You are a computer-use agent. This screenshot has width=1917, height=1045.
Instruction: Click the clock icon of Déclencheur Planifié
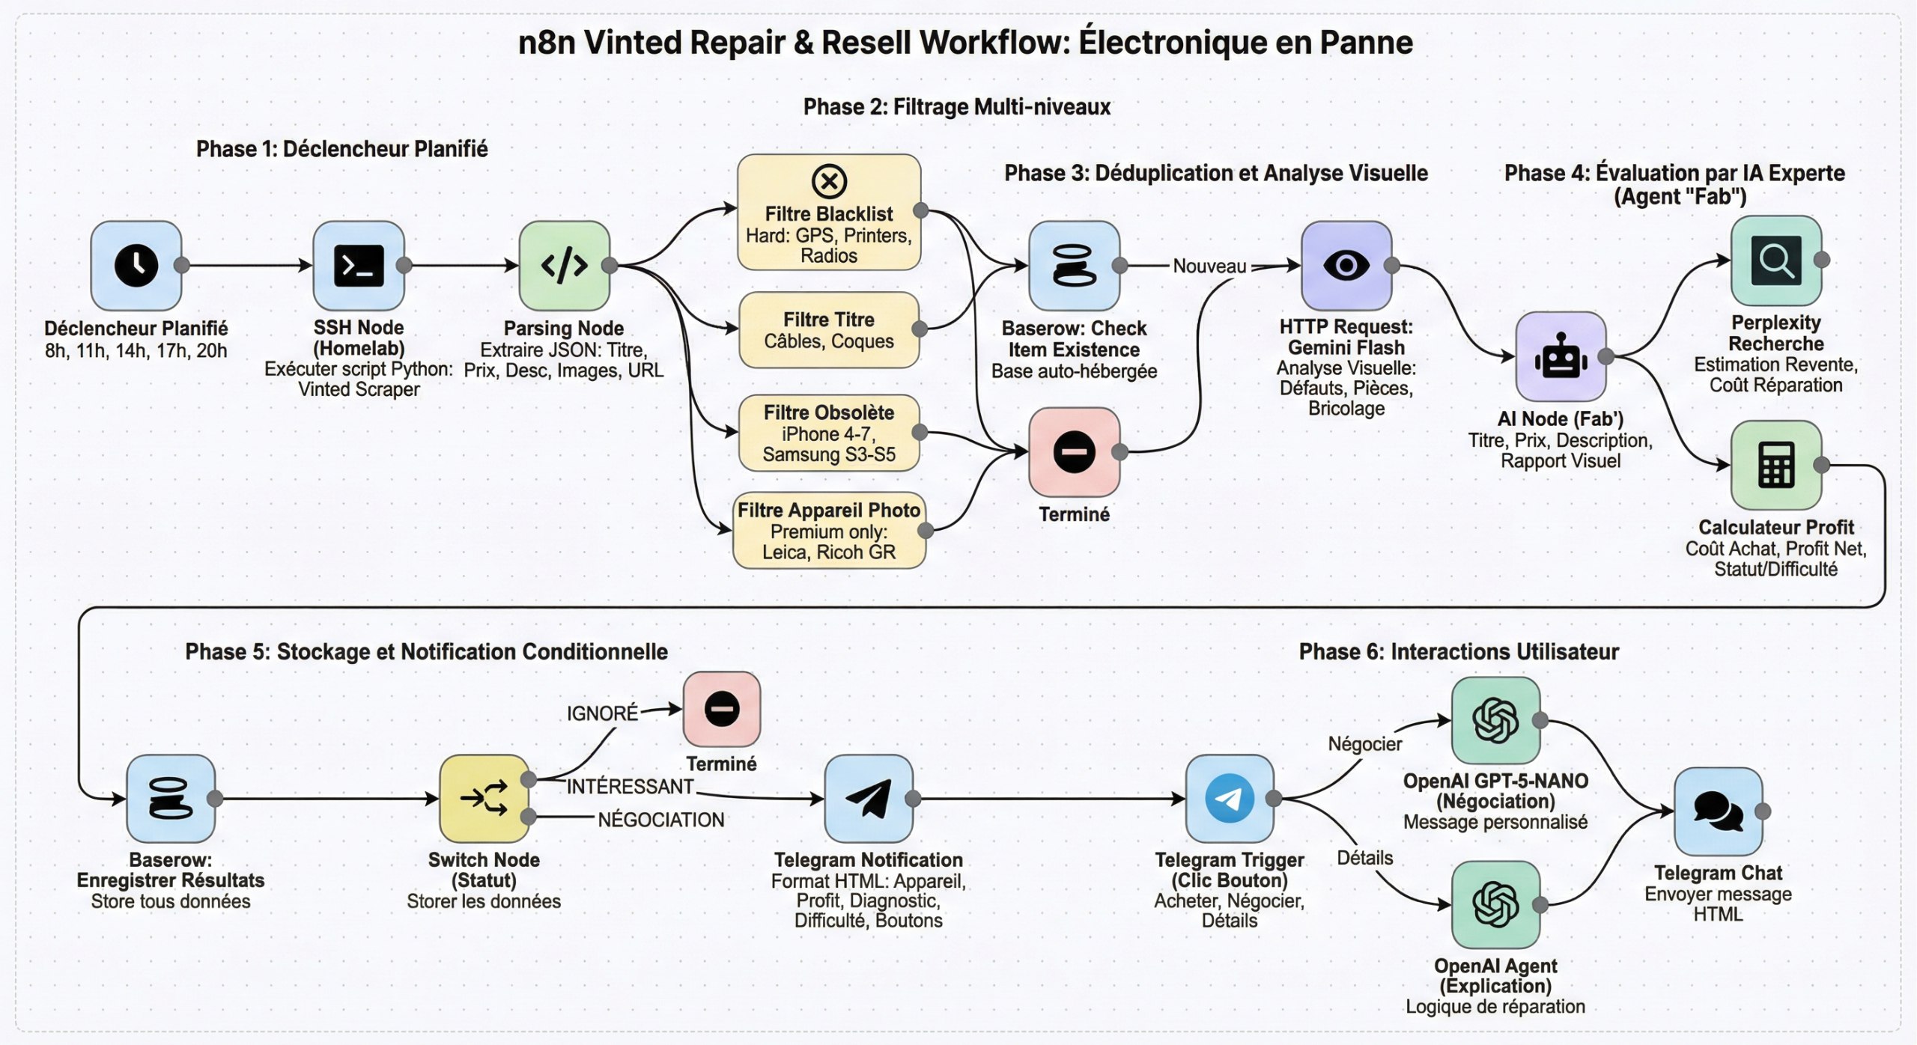pyautogui.click(x=136, y=265)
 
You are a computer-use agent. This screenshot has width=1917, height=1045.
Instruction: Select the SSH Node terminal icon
pyautogui.click(x=358, y=265)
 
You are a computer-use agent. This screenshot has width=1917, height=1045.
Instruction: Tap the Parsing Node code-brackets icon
pyautogui.click(x=564, y=265)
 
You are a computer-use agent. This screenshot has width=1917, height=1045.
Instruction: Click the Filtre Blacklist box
pyautogui.click(x=828, y=213)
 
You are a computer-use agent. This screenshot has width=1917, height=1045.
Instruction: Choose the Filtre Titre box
pyautogui.click(x=828, y=330)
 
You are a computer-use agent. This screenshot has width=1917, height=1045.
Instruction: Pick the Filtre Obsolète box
pyautogui.click(x=828, y=433)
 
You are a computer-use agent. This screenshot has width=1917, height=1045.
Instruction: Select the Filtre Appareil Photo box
pyautogui.click(x=828, y=530)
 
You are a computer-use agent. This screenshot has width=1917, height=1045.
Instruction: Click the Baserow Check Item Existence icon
pyautogui.click(x=1073, y=265)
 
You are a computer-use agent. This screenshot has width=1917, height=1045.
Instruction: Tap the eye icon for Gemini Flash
pyautogui.click(x=1346, y=265)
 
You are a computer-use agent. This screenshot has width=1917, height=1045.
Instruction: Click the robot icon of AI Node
pyautogui.click(x=1560, y=357)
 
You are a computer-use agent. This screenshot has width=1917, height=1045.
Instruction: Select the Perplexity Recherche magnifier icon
pyautogui.click(x=1775, y=261)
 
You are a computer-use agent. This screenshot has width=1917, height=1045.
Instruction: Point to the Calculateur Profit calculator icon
pyautogui.click(x=1775, y=465)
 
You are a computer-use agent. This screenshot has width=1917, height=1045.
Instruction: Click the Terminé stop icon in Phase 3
pyautogui.click(x=1073, y=452)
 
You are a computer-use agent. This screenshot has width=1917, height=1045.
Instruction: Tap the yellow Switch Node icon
pyautogui.click(x=484, y=798)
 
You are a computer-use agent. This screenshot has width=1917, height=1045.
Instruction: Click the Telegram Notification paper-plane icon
pyautogui.click(x=868, y=798)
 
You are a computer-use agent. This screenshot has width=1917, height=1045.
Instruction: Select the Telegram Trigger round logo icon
pyautogui.click(x=1229, y=798)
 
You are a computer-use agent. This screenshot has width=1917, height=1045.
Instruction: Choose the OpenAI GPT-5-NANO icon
pyautogui.click(x=1495, y=720)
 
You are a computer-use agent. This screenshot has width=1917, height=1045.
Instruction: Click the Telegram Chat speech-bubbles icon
pyautogui.click(x=1718, y=811)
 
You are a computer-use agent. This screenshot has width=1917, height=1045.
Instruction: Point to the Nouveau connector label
pyautogui.click(x=1209, y=266)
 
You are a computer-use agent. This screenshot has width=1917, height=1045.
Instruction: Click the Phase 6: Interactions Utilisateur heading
pyautogui.click(x=1458, y=652)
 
